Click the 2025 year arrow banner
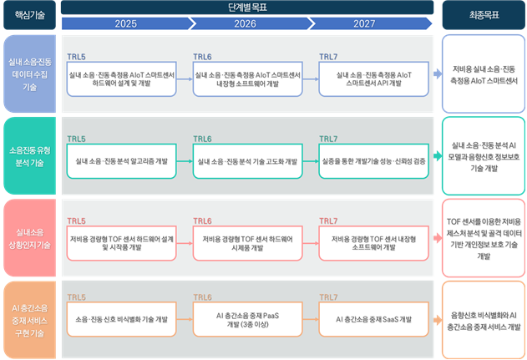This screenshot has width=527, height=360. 126,23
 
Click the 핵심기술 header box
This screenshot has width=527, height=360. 29,15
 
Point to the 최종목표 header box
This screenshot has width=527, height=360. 484,15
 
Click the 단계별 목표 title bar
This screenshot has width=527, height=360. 247,8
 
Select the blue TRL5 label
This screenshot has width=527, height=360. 76,57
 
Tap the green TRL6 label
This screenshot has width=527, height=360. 202,139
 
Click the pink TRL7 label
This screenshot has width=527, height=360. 328,221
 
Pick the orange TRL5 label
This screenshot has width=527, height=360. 76,297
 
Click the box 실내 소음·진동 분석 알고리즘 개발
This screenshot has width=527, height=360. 122,161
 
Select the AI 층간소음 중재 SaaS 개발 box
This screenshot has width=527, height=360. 373,319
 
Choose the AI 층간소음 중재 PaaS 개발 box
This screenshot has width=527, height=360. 248,319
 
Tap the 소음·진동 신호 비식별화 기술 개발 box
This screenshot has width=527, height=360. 122,319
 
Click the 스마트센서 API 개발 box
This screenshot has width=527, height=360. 373,79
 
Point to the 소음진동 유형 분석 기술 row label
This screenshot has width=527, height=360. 29,156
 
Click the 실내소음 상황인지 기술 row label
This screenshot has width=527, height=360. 29,238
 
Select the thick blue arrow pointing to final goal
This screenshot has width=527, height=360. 438,74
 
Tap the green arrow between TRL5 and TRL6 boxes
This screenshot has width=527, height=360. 185,161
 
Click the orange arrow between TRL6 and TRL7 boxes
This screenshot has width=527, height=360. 311,319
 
